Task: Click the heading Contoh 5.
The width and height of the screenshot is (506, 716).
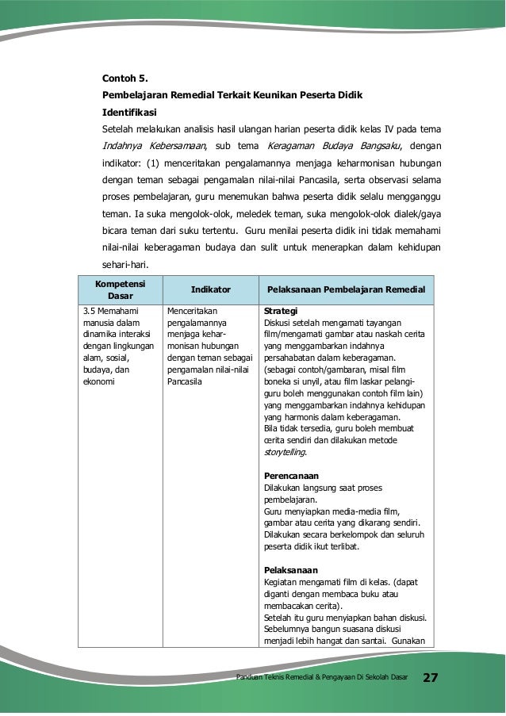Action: click(x=125, y=78)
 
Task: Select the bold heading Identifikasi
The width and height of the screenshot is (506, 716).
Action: click(x=130, y=111)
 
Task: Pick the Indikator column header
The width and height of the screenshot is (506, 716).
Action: click(x=210, y=289)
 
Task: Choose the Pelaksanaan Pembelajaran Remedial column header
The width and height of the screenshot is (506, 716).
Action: click(x=346, y=289)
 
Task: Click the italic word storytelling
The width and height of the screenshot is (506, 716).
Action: click(x=285, y=452)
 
